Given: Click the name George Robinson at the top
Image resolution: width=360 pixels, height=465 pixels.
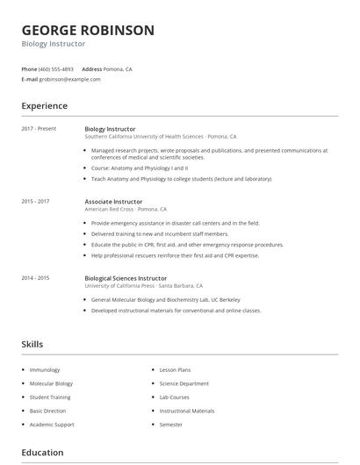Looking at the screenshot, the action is [x=88, y=30].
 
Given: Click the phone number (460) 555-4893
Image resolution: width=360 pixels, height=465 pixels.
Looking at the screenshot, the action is [x=57, y=68].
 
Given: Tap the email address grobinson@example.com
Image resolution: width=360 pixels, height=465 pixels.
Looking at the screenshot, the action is [x=69, y=79].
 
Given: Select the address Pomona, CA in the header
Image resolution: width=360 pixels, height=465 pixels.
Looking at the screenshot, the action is [x=119, y=68].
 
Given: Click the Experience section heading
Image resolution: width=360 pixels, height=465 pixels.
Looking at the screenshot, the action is [x=45, y=106].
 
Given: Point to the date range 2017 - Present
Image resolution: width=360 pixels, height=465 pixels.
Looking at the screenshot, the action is [x=39, y=129].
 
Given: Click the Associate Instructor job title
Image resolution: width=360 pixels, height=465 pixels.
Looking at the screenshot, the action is [x=113, y=202].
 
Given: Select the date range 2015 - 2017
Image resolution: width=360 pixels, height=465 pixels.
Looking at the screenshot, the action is [x=35, y=202].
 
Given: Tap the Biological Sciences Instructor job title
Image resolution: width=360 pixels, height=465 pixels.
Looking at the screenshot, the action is [x=126, y=278].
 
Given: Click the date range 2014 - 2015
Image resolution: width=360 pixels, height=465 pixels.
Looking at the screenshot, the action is [x=35, y=278].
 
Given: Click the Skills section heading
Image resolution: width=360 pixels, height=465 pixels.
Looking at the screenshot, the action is [x=32, y=345].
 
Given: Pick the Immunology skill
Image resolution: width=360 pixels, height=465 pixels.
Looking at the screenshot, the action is [x=44, y=370].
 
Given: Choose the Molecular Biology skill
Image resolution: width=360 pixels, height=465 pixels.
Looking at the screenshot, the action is [x=51, y=383].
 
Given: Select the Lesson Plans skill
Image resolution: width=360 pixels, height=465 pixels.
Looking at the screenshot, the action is [x=175, y=370].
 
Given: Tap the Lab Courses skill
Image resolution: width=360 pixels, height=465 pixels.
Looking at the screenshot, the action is [x=175, y=397].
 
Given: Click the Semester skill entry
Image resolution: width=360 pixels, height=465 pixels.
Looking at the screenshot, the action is [x=171, y=425].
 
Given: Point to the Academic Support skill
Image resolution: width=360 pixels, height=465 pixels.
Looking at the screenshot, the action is [x=52, y=425].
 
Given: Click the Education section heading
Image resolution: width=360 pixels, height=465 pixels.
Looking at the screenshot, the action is [x=42, y=453].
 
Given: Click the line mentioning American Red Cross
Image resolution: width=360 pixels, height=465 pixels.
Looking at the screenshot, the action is [x=126, y=210].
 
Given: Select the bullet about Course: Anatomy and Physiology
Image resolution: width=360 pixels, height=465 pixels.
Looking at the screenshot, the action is [x=140, y=168].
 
